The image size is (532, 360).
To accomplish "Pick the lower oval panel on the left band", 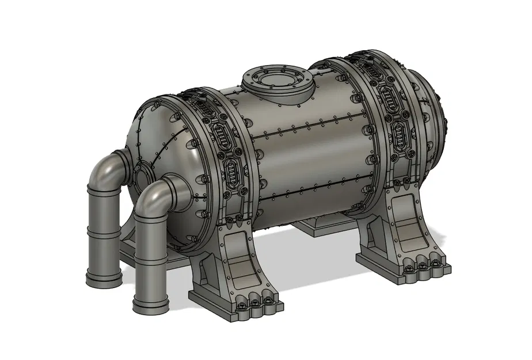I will pyautogui.click(x=232, y=172).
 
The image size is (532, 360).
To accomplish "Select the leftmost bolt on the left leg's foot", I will pyautogui.click(x=241, y=305).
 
